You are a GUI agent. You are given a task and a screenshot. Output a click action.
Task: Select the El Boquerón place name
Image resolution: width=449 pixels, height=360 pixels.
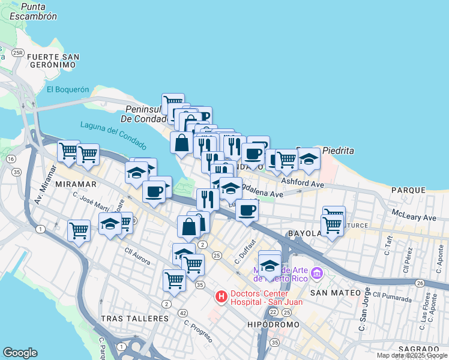pyautogui.click(x=67, y=89)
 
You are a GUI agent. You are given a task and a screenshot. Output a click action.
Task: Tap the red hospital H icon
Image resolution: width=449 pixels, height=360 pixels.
pyautogui.click(x=221, y=296)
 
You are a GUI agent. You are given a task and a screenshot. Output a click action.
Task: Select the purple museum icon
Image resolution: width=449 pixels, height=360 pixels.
pyautogui.click(x=318, y=274)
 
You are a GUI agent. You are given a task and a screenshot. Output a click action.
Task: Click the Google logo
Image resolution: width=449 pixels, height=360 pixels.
pyautogui.click(x=20, y=353)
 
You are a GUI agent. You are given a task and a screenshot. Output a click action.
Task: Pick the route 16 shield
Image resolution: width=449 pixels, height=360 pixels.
pyautogui.click(x=11, y=159)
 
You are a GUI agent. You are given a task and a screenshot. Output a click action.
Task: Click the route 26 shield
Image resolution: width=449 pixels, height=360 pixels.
pyautogui.click(x=420, y=283)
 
